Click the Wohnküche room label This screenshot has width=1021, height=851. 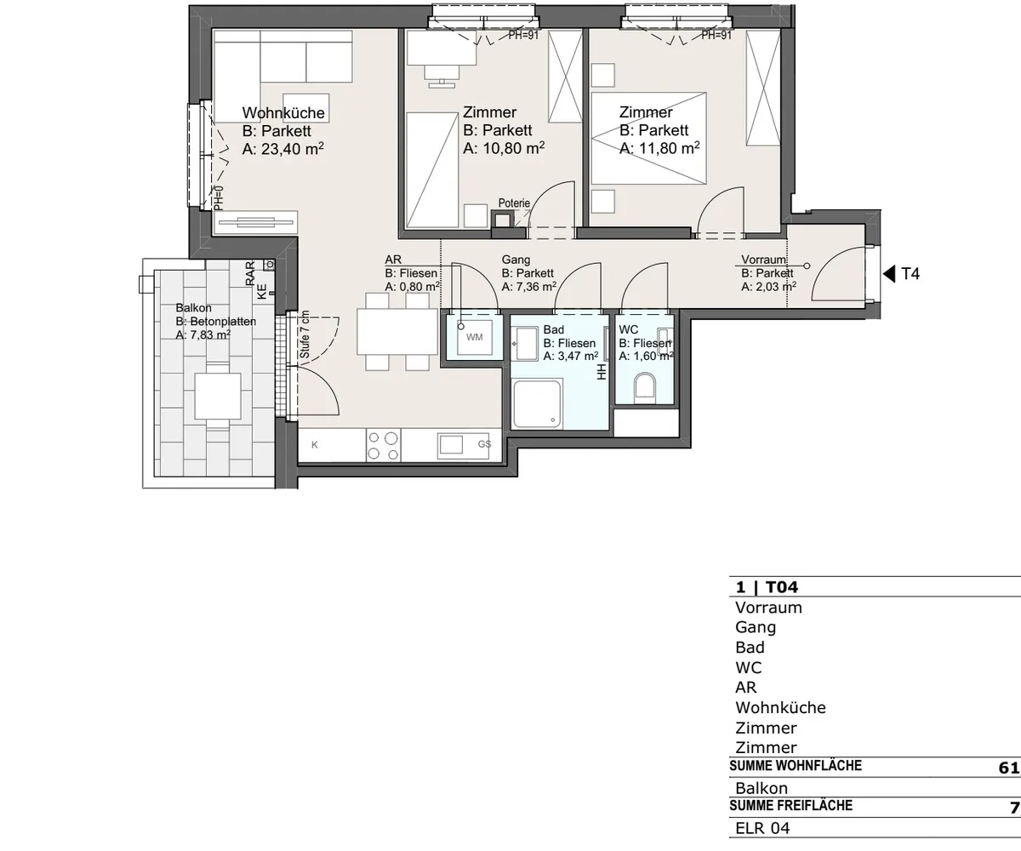283,112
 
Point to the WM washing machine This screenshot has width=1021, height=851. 474,337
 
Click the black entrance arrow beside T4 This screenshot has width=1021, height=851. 889,273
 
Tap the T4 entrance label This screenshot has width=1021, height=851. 910,274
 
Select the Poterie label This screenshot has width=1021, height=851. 514,203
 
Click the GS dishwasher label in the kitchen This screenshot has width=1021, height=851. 485,444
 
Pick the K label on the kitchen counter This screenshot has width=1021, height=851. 315,444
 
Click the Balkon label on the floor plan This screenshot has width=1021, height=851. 194,307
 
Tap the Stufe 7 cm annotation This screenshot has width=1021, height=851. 305,334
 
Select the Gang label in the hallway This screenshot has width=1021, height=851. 516,260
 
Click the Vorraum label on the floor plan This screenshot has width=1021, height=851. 763,260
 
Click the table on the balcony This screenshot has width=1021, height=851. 218,397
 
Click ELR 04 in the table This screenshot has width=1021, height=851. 762,828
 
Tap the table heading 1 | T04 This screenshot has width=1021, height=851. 767,587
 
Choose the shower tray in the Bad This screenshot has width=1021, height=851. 537,404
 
